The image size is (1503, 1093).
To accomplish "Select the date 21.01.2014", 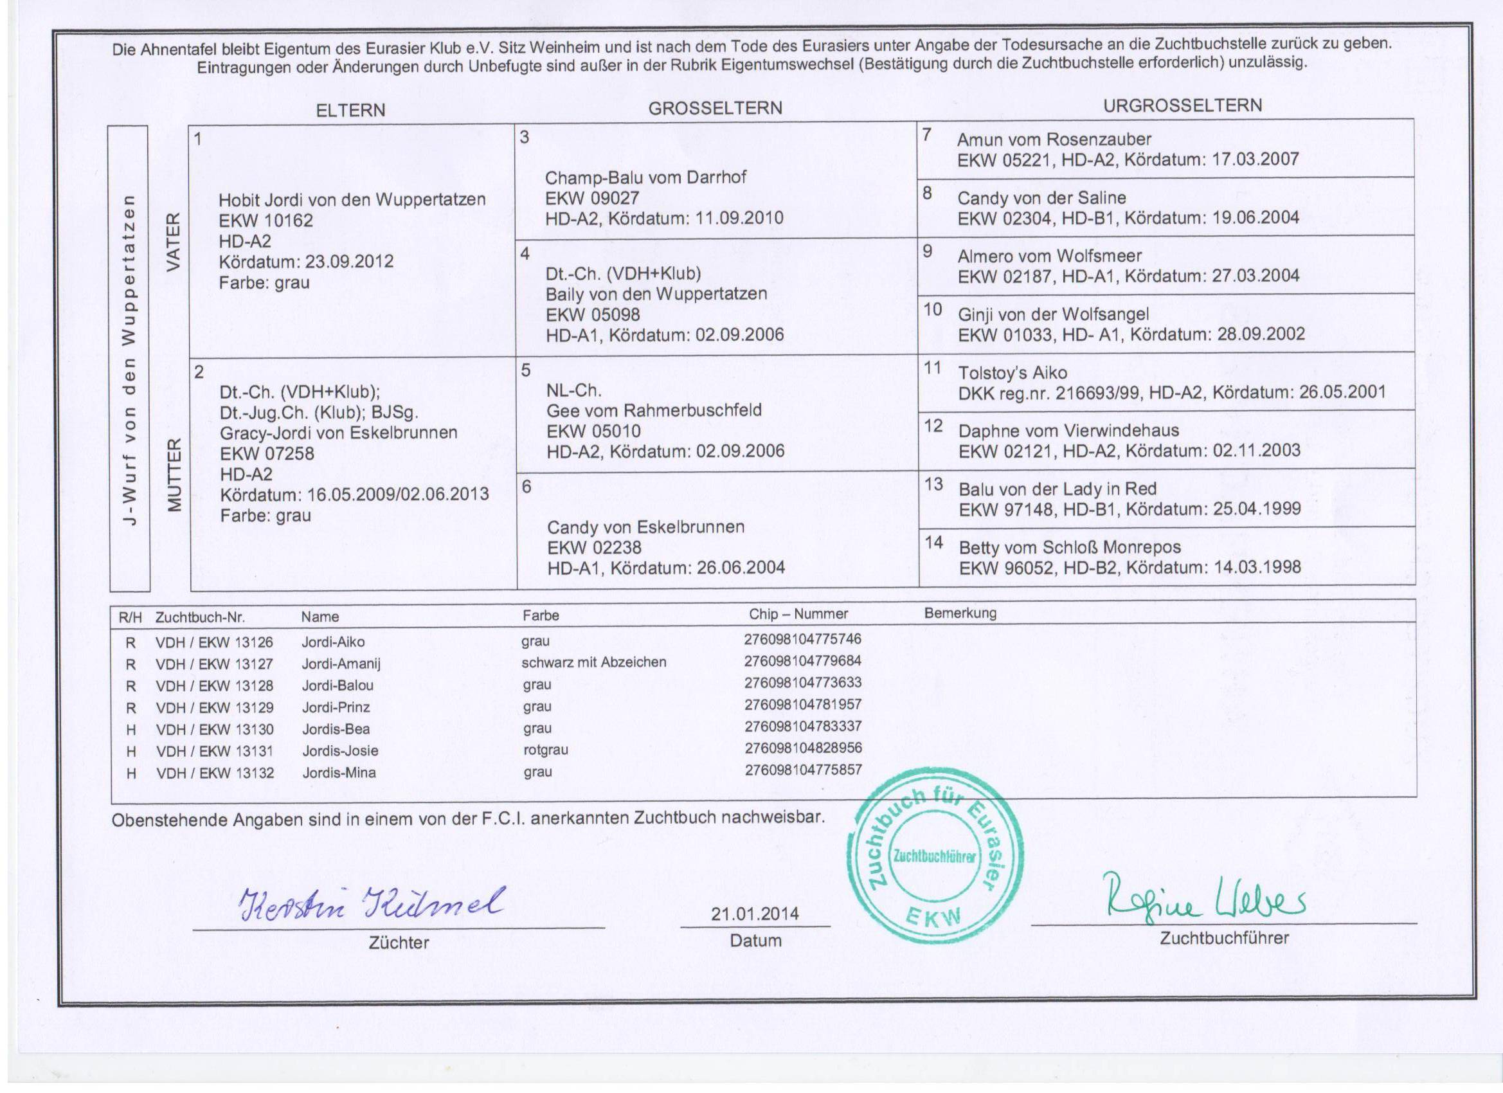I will pos(755,914).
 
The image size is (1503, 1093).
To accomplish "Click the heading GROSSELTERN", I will pos(715,109).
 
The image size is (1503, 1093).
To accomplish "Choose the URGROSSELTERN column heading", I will pos(1182,106).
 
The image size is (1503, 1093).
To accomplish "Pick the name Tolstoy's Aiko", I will pos(1013,372).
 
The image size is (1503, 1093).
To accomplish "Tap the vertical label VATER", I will pos(173,241).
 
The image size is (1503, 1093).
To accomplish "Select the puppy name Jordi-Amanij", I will pos(341,664).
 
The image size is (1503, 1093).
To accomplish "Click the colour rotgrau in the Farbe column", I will pos(545,750).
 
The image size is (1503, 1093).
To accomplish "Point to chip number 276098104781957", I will pos(802,704).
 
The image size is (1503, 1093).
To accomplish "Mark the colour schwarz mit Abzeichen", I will pos(594,662).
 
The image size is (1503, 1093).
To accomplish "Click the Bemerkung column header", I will pos(960,613).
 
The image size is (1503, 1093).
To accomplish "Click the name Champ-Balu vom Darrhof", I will pos(645,177).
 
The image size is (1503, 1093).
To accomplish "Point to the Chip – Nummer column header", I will pos(798,615).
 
